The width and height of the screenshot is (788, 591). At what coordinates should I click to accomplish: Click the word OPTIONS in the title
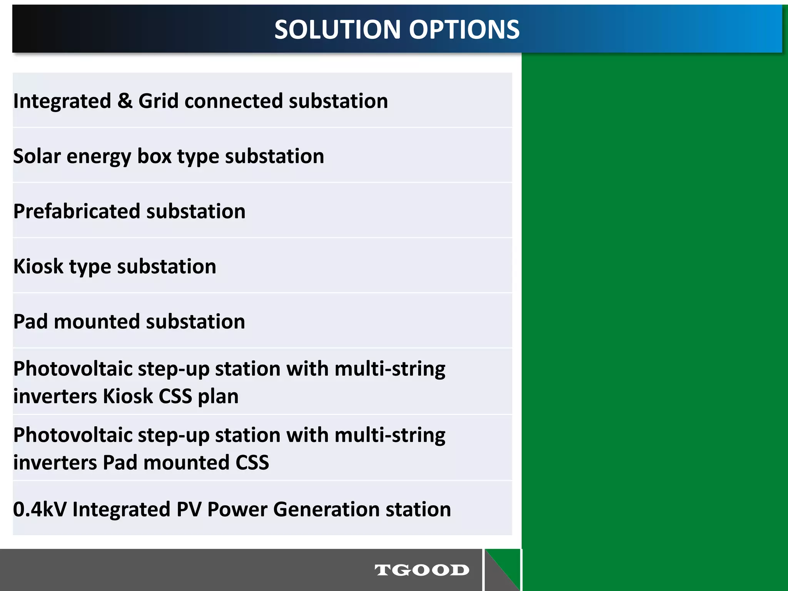coord(464,30)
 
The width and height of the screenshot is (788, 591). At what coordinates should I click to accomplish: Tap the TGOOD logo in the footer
coord(422,570)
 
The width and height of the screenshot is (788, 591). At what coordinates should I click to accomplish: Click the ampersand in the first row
coord(125,101)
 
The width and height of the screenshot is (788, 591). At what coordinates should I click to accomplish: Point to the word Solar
coord(37,156)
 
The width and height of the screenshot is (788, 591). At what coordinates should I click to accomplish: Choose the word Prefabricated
coord(77,211)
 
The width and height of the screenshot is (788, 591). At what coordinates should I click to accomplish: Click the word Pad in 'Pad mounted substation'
coord(30,321)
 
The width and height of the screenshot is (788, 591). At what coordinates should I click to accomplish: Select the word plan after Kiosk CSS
coord(218,396)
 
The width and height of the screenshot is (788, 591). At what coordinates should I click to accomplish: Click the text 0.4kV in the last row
coord(40,509)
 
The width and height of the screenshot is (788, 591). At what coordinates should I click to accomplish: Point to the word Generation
coord(327,509)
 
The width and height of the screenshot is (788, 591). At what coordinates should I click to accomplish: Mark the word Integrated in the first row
coord(62,101)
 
